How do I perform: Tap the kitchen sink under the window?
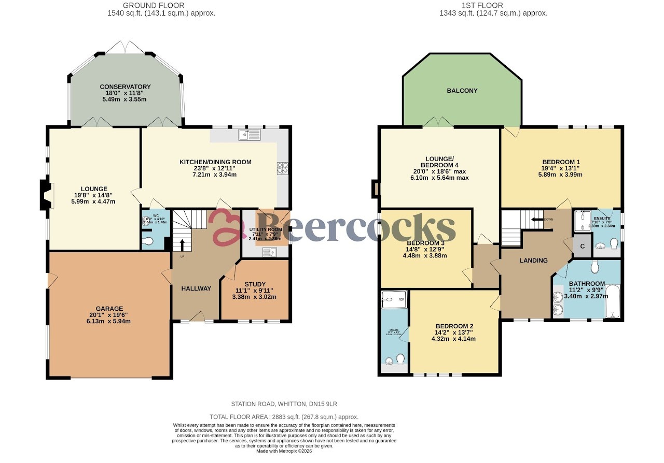tap(250, 135)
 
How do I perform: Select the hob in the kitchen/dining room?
tap(283, 168)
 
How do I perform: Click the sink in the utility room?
tap(269, 252)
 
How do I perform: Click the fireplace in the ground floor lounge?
tap(46, 195)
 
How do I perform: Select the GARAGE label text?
tap(109, 309)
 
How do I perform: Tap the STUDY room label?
tap(255, 284)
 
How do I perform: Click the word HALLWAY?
tap(196, 288)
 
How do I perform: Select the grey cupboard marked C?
tap(582, 247)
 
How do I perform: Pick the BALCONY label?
tap(462, 91)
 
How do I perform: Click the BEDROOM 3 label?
tap(425, 243)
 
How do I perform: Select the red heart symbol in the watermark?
tap(227, 227)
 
